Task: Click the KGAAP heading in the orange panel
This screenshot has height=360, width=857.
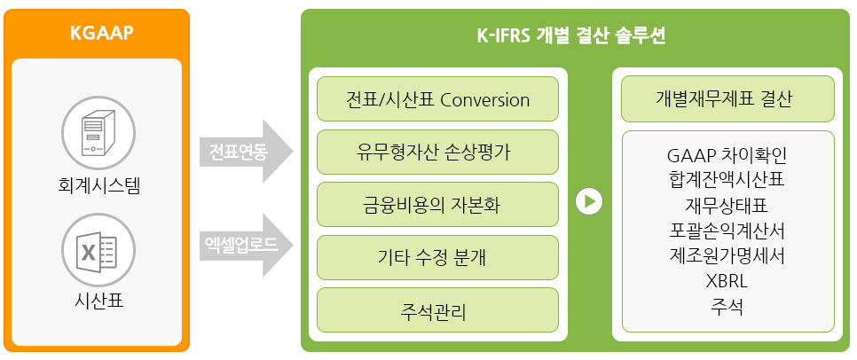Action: coord(102,34)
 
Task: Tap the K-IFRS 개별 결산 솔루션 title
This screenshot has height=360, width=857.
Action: coord(571,35)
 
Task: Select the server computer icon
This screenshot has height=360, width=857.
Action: coord(98,133)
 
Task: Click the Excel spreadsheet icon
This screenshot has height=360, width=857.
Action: coord(98,250)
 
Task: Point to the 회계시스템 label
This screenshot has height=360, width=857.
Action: coord(99,185)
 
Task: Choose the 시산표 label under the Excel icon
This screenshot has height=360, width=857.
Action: coord(99,300)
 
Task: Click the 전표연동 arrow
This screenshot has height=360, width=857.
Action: coord(246,151)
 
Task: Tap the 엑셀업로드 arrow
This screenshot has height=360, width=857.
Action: coord(246,245)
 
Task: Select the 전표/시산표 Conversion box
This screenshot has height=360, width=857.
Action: coord(437,99)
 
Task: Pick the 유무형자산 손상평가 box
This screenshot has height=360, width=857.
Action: coord(437,152)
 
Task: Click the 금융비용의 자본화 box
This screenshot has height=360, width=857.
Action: coord(437,204)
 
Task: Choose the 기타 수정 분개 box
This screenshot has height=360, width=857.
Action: coord(437,257)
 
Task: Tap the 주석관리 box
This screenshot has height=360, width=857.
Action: coord(437,310)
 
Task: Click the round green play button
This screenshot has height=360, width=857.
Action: coord(589,201)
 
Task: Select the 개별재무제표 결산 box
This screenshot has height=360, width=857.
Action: coord(728,99)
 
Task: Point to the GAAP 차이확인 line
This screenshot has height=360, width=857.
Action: coord(727,156)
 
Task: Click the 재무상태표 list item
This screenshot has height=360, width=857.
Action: coord(727,206)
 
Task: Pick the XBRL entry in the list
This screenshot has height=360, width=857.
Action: coord(727,281)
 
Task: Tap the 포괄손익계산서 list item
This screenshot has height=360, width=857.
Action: coord(727,231)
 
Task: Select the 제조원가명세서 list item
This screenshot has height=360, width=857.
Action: coord(727,255)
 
